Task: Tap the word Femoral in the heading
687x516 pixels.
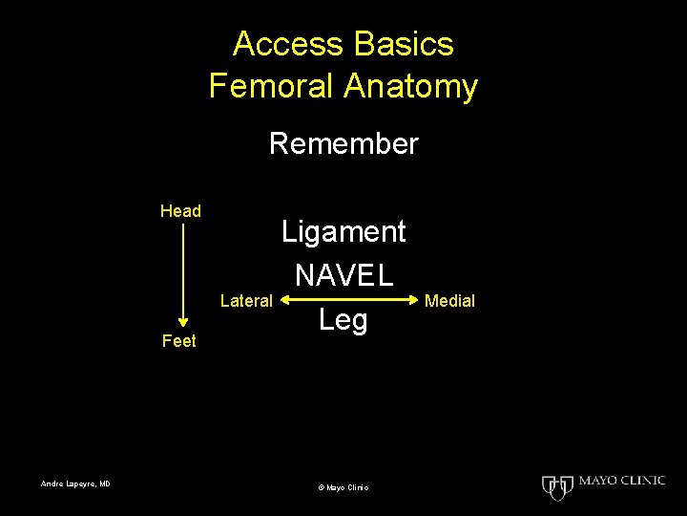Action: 267,87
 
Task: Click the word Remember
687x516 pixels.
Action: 343,144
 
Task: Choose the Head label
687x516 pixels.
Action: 180,211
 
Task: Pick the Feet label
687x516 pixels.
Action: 179,341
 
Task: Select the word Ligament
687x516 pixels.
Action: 343,231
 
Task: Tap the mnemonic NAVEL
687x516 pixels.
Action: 343,276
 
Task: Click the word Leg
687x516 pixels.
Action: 343,320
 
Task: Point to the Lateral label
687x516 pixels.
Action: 246,301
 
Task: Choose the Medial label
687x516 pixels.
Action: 449,301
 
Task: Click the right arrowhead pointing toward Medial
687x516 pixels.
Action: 412,301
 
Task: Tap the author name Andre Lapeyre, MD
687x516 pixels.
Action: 75,484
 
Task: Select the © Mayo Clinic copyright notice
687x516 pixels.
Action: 343,487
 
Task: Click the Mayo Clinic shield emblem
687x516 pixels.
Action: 555,487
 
